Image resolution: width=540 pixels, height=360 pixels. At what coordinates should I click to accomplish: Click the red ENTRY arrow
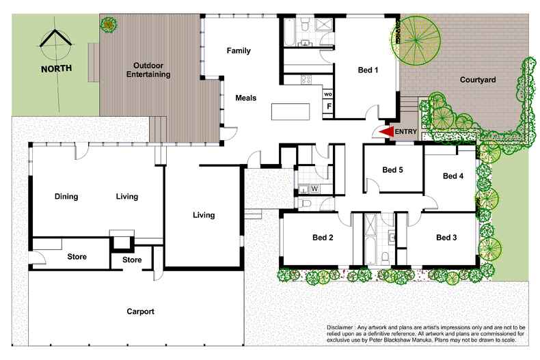tap(387, 131)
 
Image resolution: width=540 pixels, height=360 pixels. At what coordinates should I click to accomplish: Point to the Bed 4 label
tap(453, 176)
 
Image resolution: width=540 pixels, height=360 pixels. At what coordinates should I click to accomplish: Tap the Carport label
tap(140, 311)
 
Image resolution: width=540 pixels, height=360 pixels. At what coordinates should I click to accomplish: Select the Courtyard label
tap(477, 80)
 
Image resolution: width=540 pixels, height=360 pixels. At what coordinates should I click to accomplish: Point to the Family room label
tap(239, 51)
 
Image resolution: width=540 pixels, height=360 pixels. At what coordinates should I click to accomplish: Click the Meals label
tap(246, 98)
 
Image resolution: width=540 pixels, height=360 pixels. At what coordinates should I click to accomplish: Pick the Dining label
tap(66, 197)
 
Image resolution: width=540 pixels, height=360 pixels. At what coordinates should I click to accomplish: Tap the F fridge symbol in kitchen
tap(329, 107)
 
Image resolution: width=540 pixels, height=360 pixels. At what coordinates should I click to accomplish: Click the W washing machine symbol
tap(314, 188)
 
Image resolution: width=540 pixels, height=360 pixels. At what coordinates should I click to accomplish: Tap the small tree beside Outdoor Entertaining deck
tap(108, 25)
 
